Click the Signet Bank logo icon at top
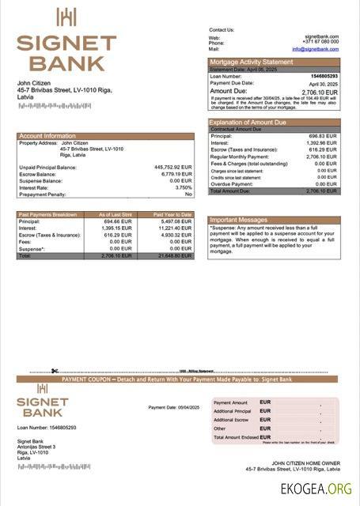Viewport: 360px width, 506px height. [x=66, y=17]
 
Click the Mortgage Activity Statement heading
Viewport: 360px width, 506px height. [x=250, y=62]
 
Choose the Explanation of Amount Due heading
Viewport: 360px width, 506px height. [x=248, y=123]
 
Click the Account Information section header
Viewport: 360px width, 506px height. [x=47, y=136]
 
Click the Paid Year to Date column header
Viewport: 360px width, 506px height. [x=172, y=215]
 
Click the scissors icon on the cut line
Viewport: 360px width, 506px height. [x=55, y=371]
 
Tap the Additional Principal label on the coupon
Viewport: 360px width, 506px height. [x=232, y=411]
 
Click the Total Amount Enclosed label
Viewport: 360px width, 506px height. [x=236, y=437]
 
